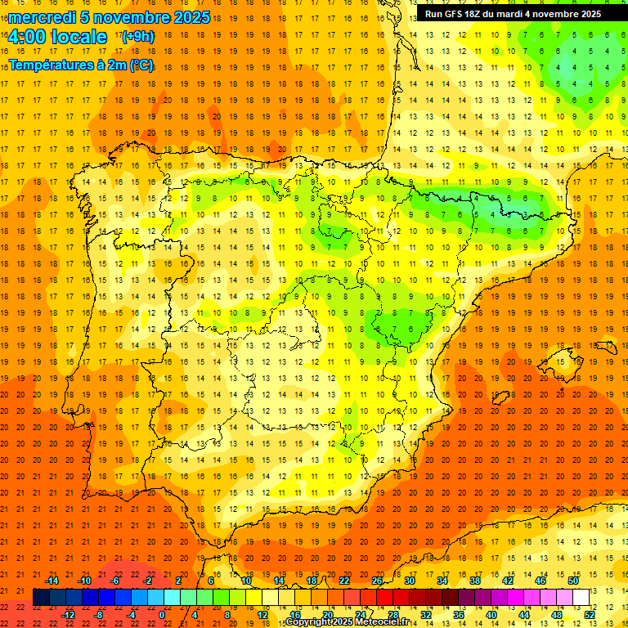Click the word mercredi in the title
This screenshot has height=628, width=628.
pos(42,17)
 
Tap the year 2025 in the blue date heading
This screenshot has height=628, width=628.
pos(189,17)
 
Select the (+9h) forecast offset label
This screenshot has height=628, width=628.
pos(137,37)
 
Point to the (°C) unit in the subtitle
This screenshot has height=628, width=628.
pos(141,65)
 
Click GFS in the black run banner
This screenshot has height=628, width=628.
pos(455,14)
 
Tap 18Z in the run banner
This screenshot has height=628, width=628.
pos(478,14)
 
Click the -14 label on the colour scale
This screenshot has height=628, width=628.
pos(51,581)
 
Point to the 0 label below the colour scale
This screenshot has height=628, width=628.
pos(162,615)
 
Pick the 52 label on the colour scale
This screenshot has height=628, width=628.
pos(590,615)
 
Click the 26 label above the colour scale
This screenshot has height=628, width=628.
pos(377,581)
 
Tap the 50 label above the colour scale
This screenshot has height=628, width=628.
pos(573,581)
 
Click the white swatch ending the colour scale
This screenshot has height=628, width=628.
pos(581,598)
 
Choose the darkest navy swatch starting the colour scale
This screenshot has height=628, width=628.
pos(41,598)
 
